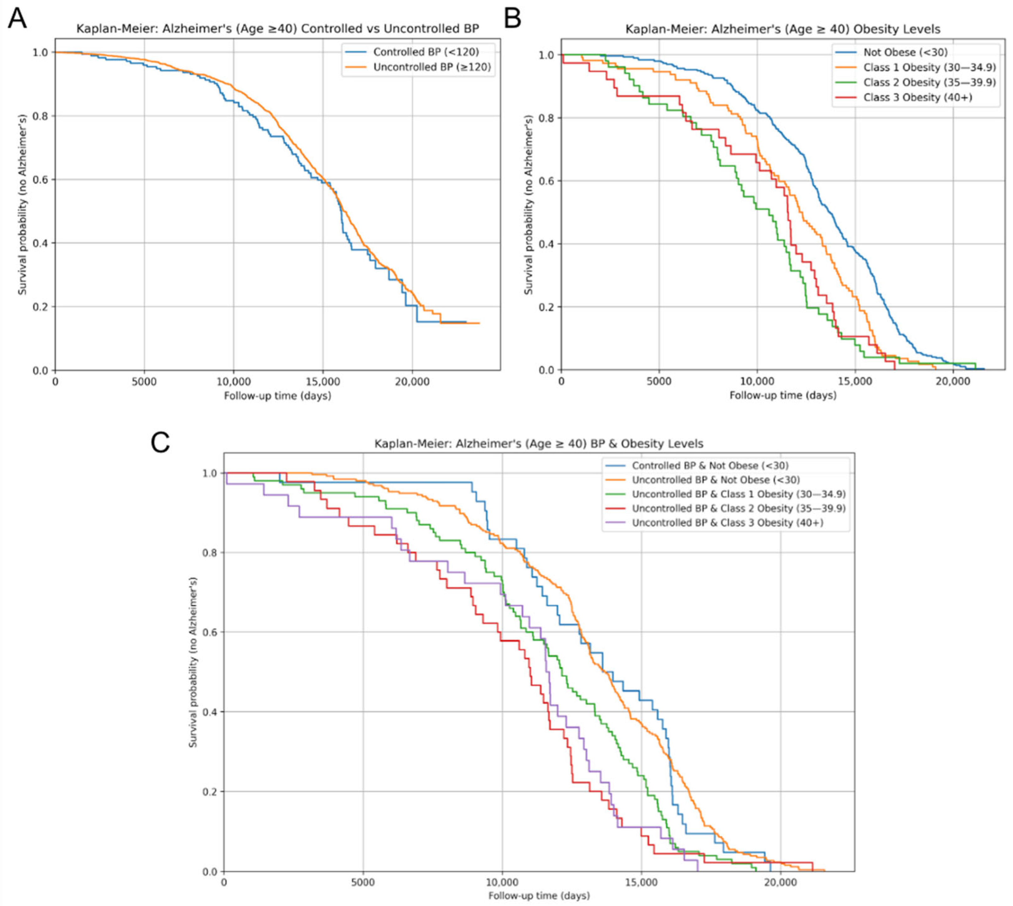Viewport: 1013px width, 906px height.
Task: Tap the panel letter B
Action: click(512, 19)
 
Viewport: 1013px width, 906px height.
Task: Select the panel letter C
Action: click(160, 442)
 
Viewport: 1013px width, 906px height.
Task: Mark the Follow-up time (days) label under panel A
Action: click(277, 396)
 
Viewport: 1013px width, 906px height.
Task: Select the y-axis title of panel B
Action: click(529, 204)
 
